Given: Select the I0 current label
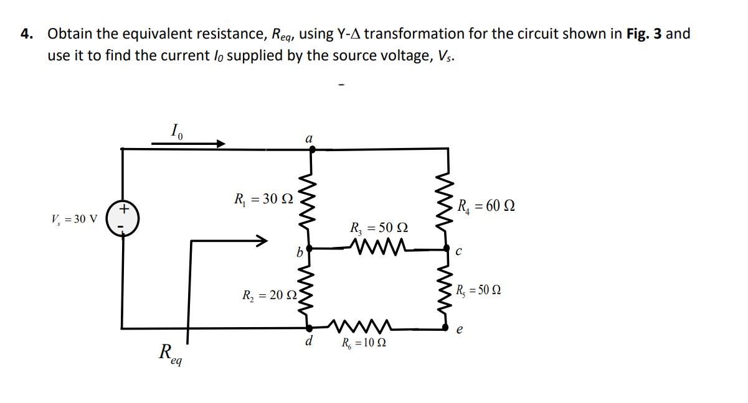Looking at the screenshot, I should pos(177,131).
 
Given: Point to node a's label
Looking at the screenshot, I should pos(309,137).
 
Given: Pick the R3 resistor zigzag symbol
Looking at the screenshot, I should pos(379,248).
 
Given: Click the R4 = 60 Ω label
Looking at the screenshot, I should pos(486,206).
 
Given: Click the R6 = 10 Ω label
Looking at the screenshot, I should pos(367,343).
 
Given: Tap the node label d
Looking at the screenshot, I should pos(309,341).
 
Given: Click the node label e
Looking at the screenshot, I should pos(460,331).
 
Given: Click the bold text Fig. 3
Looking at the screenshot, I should pos(644,34).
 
